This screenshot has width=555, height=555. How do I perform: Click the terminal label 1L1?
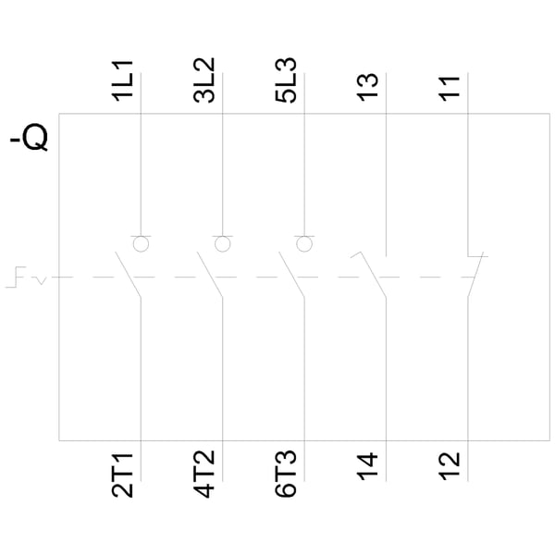coord(122,81)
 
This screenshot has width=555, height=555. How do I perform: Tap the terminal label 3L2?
coord(204,80)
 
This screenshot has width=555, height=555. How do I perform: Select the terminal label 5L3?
coord(286,80)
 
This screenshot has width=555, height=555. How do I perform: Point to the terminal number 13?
coord(368,88)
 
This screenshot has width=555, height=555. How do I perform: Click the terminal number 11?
coord(450,89)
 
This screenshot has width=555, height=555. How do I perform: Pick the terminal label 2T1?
coord(122,475)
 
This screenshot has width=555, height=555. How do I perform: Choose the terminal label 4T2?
coord(204,474)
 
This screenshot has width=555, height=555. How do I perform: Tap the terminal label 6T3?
coord(286,474)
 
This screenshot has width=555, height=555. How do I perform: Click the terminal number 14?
coord(368,466)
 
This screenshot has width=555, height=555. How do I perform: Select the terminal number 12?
coord(450,466)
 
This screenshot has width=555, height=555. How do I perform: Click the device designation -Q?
coord(29,137)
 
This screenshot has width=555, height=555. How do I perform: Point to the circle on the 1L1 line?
coord(141,244)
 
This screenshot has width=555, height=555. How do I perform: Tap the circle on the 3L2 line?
coord(223,244)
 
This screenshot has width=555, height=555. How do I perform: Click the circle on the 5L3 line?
coord(304,244)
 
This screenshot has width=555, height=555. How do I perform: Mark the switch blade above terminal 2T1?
coord(128,275)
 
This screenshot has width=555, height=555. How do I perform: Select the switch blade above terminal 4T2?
coord(210,275)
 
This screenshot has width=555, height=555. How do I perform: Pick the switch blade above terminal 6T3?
coord(291,275)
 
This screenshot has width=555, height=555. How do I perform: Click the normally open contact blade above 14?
coord(373,275)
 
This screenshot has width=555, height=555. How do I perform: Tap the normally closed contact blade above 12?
coord(475,275)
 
